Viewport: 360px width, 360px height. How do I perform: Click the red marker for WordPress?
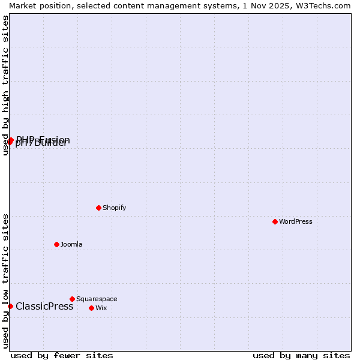pos(275,221)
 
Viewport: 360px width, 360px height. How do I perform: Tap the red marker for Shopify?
pos(98,208)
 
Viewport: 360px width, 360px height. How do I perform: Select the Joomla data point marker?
pos(56,244)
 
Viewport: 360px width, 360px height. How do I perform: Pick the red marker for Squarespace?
pos(72,299)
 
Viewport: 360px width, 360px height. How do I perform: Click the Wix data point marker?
pos(91,308)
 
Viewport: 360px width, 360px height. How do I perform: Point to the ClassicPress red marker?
pos(10,306)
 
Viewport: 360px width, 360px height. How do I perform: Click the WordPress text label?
pos(296,221)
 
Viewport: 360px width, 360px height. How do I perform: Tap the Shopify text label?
pos(114,208)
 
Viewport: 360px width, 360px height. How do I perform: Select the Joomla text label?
pos(71,244)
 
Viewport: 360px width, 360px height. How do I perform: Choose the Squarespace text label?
pos(97,299)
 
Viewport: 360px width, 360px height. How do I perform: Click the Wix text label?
pos(101,308)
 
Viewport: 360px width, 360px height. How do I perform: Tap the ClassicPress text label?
pos(44,306)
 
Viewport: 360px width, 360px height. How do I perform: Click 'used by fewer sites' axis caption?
pos(62,355)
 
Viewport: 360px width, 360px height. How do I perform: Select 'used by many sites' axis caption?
pos(301,355)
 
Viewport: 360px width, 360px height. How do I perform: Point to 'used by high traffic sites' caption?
pos(6,85)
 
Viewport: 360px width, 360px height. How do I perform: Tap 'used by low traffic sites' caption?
pos(6,281)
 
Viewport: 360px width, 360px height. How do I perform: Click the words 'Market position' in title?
pos(37,5)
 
